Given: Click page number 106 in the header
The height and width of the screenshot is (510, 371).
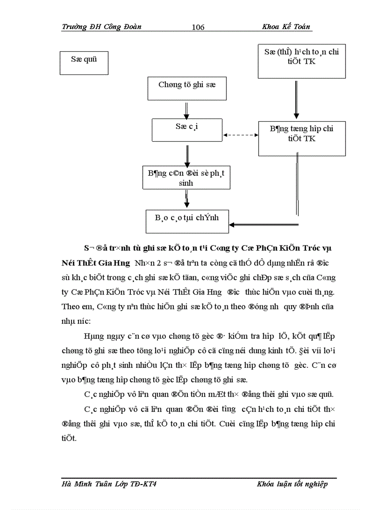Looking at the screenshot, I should pyautogui.click(x=198, y=27).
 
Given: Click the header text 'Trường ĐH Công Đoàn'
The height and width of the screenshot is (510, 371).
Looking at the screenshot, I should pyautogui.click(x=101, y=26).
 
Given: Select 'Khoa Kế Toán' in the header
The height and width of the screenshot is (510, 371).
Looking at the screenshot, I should pyautogui.click(x=286, y=26).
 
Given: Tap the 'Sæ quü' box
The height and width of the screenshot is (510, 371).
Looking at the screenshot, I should pyautogui.click(x=84, y=63).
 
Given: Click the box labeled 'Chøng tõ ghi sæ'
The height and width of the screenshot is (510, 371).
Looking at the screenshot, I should pyautogui.click(x=187, y=89).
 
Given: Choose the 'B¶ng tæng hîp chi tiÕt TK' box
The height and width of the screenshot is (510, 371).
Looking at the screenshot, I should pyautogui.click(x=301, y=138).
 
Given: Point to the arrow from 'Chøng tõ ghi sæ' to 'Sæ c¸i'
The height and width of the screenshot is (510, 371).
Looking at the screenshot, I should pyautogui.click(x=186, y=109).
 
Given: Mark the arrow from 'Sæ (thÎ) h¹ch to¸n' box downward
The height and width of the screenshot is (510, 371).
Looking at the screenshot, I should pyautogui.click(x=297, y=99).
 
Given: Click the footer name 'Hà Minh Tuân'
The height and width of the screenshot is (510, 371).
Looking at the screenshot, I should pyautogui.click(x=86, y=484).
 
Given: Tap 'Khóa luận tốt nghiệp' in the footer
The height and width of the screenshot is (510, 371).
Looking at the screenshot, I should pyautogui.click(x=292, y=484).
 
